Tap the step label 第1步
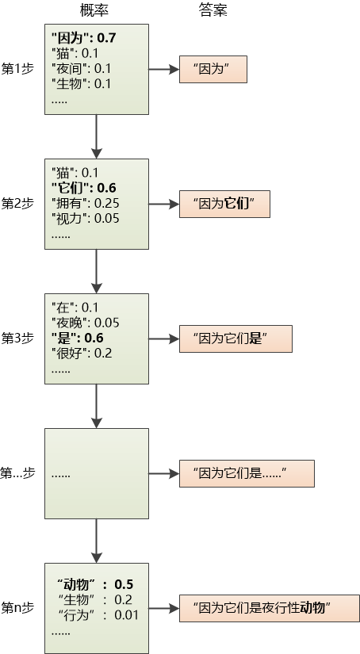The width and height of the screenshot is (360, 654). (17, 69)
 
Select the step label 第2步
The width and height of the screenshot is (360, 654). (17, 203)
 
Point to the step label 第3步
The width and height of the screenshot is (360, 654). (17, 338)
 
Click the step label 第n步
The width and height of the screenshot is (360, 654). (17, 608)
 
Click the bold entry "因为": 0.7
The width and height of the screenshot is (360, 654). (84, 37)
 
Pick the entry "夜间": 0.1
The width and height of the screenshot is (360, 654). (81, 68)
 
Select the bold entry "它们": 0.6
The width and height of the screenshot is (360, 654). (84, 188)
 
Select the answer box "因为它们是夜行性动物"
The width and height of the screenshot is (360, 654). (269, 609)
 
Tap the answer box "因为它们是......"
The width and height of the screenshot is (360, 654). (247, 473)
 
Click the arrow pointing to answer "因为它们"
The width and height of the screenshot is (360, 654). (163, 204)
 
